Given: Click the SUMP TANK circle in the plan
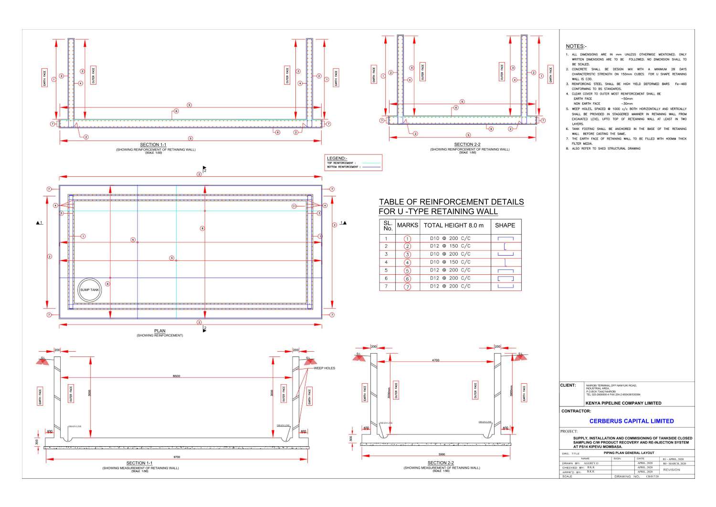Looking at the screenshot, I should [89, 290].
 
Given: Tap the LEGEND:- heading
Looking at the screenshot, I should [337, 158].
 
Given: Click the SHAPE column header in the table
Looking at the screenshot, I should [505, 226].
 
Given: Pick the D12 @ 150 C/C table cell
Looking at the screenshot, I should [450, 246].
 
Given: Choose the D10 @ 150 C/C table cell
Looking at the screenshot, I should [450, 262].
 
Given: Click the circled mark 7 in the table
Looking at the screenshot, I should [407, 287].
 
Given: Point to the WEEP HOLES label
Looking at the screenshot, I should [325, 368].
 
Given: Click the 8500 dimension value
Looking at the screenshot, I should [177, 377].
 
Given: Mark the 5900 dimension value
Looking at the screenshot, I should [442, 454].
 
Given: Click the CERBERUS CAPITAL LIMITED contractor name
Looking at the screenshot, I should [632, 421].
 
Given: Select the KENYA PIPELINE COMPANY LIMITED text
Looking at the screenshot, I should [623, 403].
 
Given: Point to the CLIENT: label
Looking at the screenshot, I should [568, 385].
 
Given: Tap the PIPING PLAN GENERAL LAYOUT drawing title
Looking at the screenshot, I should [629, 453].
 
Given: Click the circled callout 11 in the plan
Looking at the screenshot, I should [294, 206].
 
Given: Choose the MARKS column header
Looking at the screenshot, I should [407, 226].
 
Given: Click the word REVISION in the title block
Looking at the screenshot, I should [672, 470].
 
